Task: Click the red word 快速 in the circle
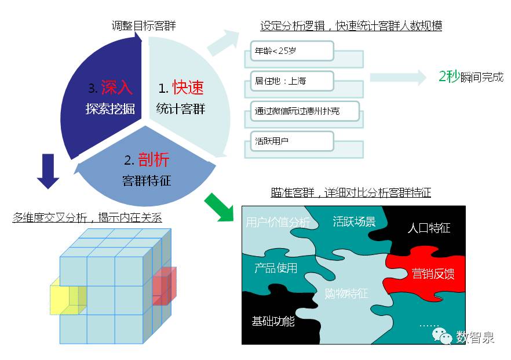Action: [x=188, y=88]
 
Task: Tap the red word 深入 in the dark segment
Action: [x=116, y=88]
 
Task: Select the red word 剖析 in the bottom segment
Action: [x=154, y=160]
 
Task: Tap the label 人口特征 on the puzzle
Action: [x=429, y=228]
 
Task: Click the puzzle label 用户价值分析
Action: [x=278, y=222]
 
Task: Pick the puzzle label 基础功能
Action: [x=273, y=321]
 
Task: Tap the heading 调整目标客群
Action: [x=144, y=26]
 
